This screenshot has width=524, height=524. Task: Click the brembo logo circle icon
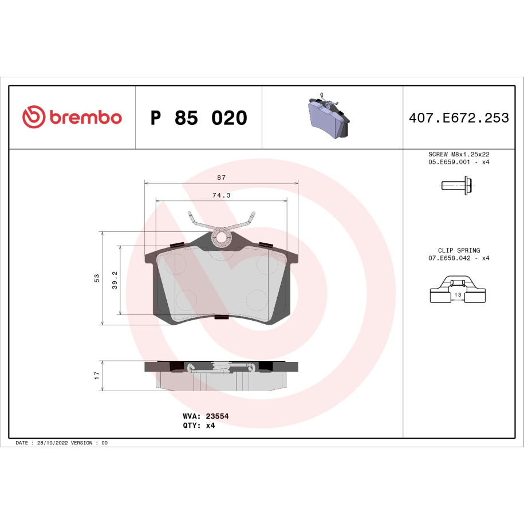coord(34,117)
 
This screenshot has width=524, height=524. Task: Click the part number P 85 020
coord(198,118)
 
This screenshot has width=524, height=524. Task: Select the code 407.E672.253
coord(458,118)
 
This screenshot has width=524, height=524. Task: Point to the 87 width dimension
coord(221,178)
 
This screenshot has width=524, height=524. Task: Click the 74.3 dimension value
coord(221,195)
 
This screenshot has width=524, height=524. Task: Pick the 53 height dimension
coord(97,278)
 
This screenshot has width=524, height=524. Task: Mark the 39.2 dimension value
coord(115,280)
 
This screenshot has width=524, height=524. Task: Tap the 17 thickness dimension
coord(97,376)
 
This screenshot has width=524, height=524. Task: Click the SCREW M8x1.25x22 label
coord(459,155)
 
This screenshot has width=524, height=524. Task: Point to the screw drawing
coord(458,186)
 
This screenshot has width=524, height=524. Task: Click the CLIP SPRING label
coord(459,250)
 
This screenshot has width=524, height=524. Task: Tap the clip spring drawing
coord(458,289)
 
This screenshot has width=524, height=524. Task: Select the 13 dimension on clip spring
coord(458,294)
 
